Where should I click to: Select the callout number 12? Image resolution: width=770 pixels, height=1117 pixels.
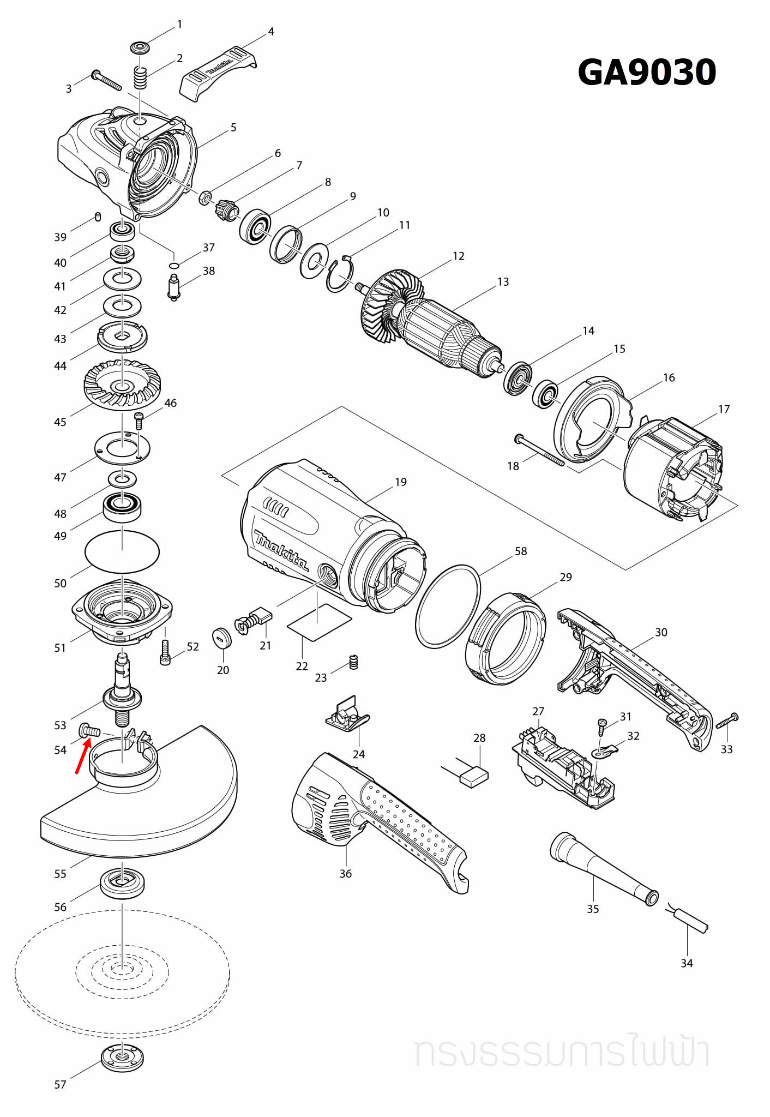pyautogui.click(x=458, y=256)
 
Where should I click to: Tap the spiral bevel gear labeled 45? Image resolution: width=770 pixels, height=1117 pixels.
pyautogui.click(x=122, y=385)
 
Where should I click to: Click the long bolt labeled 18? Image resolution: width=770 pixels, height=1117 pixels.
pyautogui.click(x=539, y=451)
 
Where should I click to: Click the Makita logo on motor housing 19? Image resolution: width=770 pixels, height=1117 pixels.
pyautogui.click(x=281, y=550)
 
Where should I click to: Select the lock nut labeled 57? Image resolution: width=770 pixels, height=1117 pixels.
pyautogui.click(x=122, y=1058)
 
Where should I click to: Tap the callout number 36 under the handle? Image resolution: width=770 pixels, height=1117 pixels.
pyautogui.click(x=345, y=874)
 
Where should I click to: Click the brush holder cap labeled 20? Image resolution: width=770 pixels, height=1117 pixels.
pyautogui.click(x=221, y=638)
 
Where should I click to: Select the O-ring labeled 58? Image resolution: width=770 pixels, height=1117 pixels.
pyautogui.click(x=448, y=606)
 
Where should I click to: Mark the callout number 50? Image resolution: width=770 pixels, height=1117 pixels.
pyautogui.click(x=60, y=583)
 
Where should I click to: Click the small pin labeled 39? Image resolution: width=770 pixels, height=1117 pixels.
pyautogui.click(x=98, y=217)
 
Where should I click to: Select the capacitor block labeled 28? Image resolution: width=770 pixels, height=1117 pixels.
pyautogui.click(x=474, y=777)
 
